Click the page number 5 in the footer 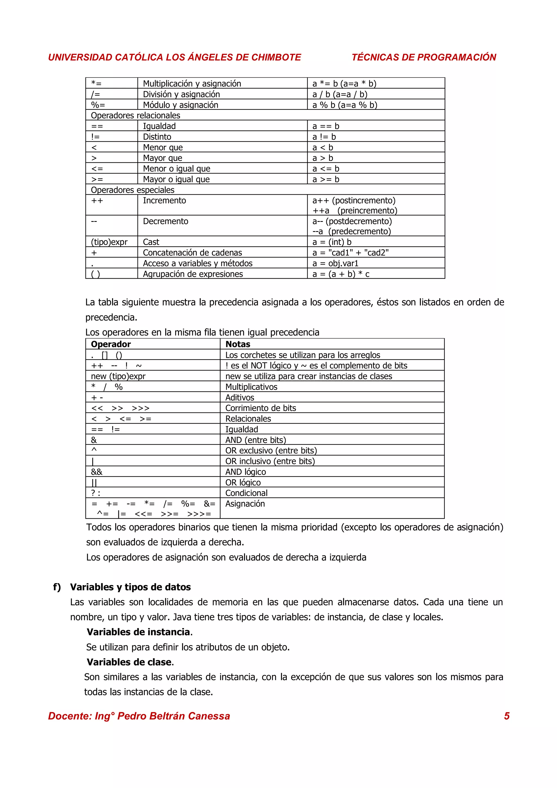(x=507, y=716)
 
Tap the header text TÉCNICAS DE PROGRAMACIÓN (x=423, y=57)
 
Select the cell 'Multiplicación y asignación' (x=192, y=83)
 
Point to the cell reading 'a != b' (x=324, y=136)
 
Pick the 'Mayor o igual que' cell (x=176, y=179)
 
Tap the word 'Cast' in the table (x=151, y=242)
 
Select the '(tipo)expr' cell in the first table (x=109, y=242)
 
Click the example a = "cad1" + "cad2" (x=350, y=253)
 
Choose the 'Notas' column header (x=238, y=344)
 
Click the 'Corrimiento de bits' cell (x=261, y=408)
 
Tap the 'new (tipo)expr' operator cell (x=118, y=376)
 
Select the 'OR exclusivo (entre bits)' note (x=271, y=450)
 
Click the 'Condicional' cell (x=246, y=493)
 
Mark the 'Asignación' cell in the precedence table (x=245, y=504)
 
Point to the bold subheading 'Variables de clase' (x=129, y=662)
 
